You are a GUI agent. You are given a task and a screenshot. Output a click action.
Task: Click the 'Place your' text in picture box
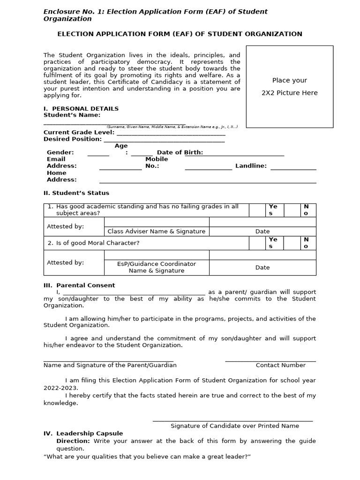point(290,80)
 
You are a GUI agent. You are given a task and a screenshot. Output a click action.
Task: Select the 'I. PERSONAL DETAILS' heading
point(81,108)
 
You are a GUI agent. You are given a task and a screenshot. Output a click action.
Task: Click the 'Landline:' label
point(251,165)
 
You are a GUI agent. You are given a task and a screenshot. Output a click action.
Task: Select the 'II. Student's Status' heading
point(76,193)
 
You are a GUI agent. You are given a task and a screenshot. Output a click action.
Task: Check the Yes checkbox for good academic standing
point(257,210)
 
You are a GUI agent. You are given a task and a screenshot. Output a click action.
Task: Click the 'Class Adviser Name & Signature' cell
point(157,231)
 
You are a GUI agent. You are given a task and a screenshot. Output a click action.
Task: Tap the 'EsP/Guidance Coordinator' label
point(157,264)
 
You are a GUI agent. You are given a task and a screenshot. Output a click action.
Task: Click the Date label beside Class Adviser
point(262,231)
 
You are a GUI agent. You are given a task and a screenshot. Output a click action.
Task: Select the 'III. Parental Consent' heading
point(79,285)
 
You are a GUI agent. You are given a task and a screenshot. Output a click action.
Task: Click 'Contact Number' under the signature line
point(280,365)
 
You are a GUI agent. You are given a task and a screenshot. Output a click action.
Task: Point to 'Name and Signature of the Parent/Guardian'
point(110,365)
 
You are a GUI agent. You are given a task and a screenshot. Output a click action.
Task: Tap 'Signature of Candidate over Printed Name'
point(234,426)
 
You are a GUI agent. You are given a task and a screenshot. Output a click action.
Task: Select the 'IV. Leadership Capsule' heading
point(83,434)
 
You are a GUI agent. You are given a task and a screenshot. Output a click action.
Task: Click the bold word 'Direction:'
point(73,441)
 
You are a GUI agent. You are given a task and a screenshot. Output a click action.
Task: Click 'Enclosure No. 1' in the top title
point(70,11)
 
